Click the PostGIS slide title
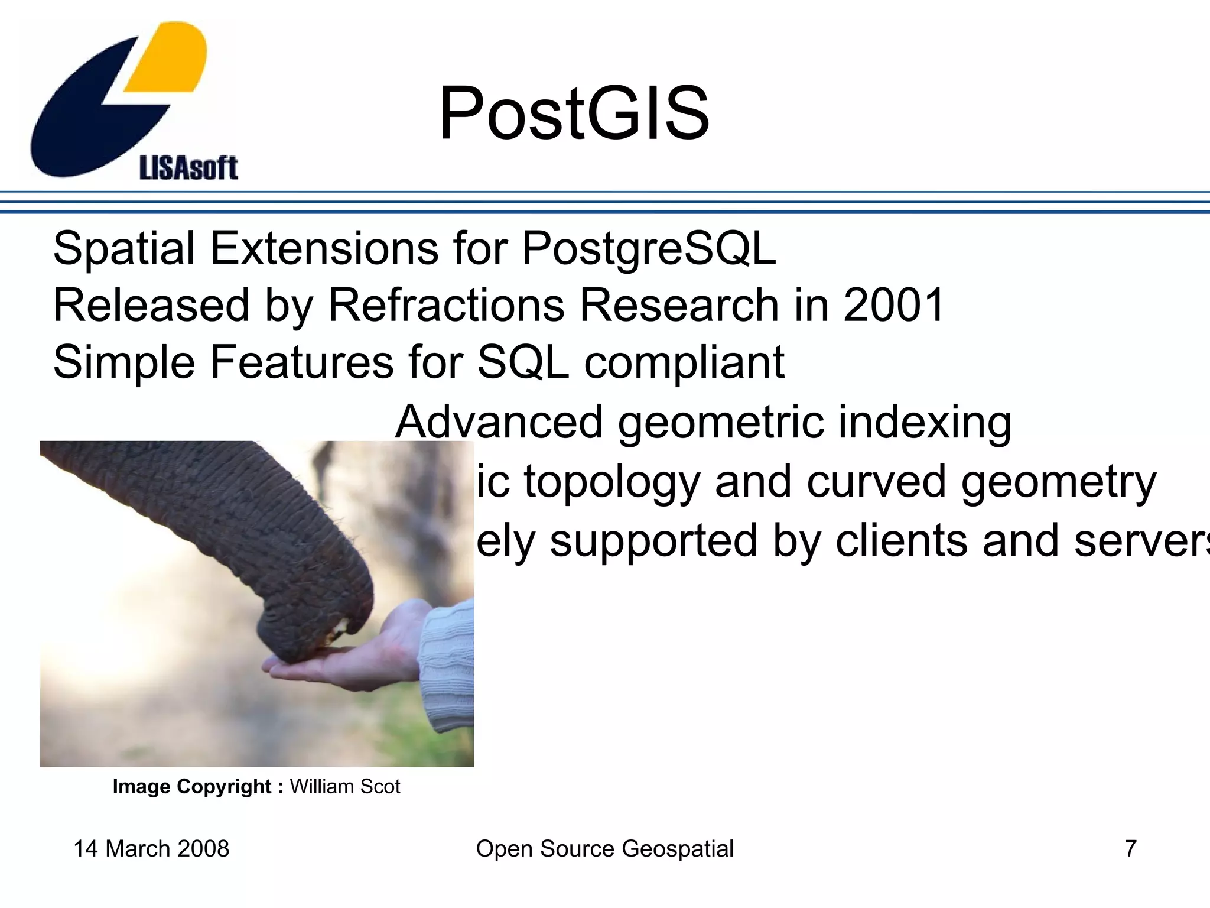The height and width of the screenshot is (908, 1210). click(573, 113)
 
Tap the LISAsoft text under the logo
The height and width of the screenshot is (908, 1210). click(188, 168)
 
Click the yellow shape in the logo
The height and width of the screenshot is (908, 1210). click(168, 59)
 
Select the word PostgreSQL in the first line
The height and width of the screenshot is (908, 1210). click(648, 249)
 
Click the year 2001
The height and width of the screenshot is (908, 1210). click(893, 306)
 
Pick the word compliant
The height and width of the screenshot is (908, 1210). click(684, 362)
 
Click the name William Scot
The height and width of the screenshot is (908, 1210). click(345, 787)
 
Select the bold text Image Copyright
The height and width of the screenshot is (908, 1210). click(191, 787)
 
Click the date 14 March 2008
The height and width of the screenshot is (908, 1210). click(151, 849)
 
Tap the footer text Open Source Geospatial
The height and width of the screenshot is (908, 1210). click(604, 849)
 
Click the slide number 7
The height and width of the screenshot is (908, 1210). click(1130, 849)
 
